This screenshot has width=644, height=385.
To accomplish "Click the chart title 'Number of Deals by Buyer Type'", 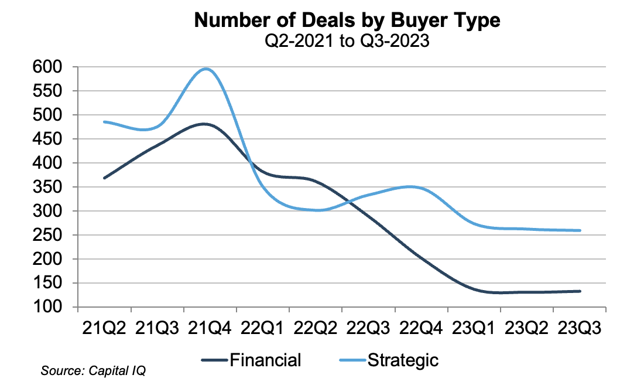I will click(x=347, y=21).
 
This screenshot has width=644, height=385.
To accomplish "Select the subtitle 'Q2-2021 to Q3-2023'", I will click(x=347, y=41).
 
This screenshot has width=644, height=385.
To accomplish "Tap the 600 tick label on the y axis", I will click(x=46, y=67).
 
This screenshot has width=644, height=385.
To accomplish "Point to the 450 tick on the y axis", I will click(x=46, y=139).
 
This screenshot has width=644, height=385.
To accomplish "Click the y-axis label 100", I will click(x=46, y=307).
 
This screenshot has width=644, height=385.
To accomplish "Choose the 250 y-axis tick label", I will click(x=46, y=235).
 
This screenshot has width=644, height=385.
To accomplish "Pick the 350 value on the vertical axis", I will click(x=46, y=187).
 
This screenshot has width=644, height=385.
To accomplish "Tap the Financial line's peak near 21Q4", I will click(x=204, y=124).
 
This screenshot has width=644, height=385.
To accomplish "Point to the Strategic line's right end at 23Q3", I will click(x=580, y=230).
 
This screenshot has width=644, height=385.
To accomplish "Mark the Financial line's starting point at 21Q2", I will click(x=104, y=178).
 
